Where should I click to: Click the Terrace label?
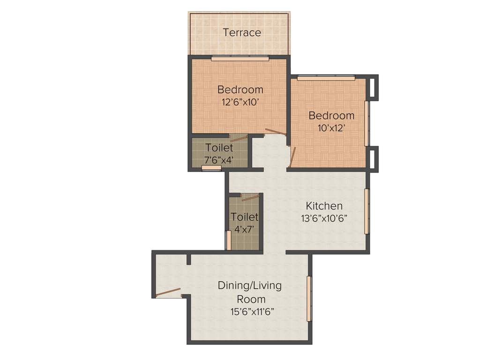[242, 33]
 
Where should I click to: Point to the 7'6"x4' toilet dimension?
[219, 160]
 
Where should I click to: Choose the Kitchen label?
[324, 206]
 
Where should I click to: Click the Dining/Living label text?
[249, 285]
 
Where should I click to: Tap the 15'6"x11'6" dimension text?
[251, 311]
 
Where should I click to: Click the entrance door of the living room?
[168, 292]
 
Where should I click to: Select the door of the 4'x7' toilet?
[250, 198]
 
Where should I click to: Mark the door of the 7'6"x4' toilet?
[239, 138]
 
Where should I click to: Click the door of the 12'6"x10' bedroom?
[275, 132]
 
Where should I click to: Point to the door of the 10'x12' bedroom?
[293, 157]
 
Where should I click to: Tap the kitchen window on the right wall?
[367, 211]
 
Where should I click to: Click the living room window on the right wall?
[309, 299]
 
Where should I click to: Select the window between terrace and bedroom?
[240, 59]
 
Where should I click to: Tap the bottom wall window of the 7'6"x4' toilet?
[211, 168]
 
